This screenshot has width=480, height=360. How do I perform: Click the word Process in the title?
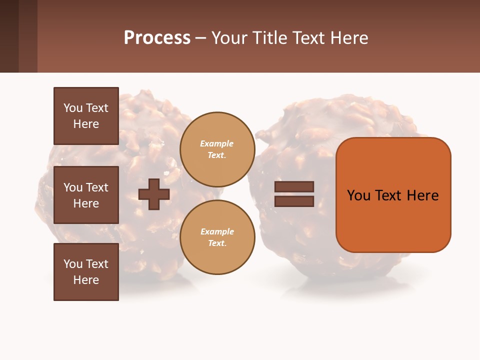pos(157,38)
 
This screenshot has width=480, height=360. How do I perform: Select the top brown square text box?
pos(86,116)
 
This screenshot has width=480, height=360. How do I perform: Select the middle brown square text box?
pos(86,195)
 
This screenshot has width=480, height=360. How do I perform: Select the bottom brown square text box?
pos(86,272)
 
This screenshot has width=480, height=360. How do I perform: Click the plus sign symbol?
pos(154,194)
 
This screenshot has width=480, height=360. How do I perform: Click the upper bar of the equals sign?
pos(294,186)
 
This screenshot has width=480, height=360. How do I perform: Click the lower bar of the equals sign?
pos(294,201)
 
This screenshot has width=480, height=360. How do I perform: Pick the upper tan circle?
pos(217,149)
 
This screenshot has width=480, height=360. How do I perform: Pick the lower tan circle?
pos(217,237)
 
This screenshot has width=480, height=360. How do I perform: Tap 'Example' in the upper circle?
pos(216,143)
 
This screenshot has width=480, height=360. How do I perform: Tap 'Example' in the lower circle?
pos(217,231)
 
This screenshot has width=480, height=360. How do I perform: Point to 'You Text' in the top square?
pos(86,108)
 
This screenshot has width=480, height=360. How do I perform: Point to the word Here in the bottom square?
pos(86,280)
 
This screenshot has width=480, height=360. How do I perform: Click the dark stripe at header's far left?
pos(9,36)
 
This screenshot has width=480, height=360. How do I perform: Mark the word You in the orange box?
pos(358,195)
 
